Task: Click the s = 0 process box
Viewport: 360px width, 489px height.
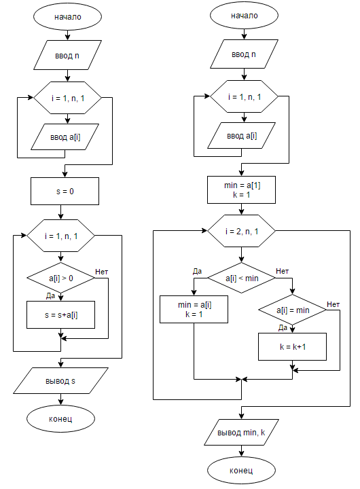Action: tap(65, 191)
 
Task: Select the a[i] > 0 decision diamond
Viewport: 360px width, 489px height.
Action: tap(61, 278)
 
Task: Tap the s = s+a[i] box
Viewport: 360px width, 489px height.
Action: tap(61, 314)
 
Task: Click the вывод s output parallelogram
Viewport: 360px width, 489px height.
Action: tap(61, 381)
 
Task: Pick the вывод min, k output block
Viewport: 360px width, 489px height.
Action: tap(241, 432)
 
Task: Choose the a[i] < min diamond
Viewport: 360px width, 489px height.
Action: tap(241, 278)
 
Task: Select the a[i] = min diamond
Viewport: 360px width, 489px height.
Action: tap(292, 310)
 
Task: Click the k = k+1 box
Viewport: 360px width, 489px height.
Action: tap(292, 347)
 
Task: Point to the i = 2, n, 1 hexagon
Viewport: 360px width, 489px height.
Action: tap(241, 231)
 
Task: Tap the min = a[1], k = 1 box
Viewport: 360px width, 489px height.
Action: tap(241, 190)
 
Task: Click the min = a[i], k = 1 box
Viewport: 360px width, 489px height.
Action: tap(194, 310)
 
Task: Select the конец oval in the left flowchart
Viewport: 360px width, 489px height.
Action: tap(61, 418)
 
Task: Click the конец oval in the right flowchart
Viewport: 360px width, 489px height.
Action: tap(241, 470)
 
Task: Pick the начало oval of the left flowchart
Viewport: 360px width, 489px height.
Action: tap(67, 16)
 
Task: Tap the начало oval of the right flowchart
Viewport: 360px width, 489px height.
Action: tap(244, 15)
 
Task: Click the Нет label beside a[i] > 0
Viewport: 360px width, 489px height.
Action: tap(102, 272)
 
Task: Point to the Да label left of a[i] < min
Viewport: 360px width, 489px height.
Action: tap(197, 271)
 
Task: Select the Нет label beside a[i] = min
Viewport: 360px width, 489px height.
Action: tap(334, 304)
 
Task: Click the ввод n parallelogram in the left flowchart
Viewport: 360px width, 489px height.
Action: tap(67, 55)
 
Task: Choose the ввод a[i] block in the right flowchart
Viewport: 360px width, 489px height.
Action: tap(241, 136)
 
